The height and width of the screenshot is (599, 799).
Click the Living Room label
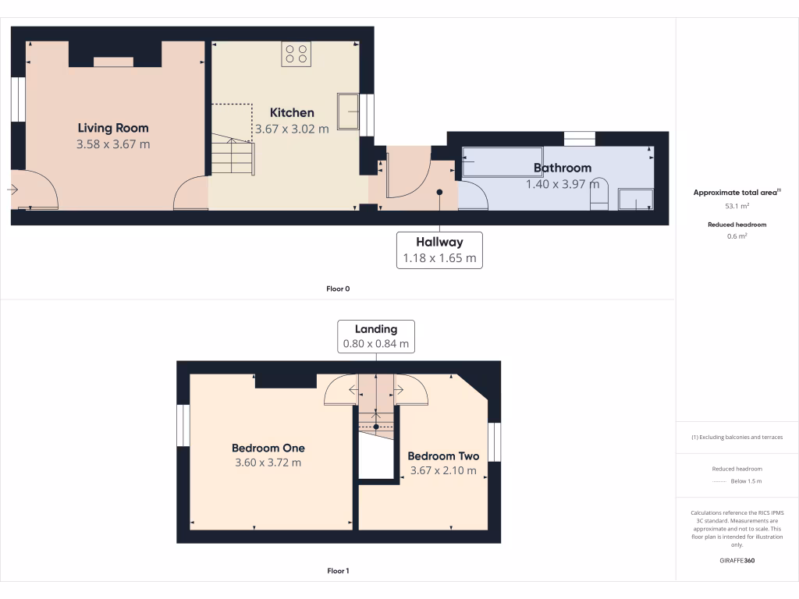113,128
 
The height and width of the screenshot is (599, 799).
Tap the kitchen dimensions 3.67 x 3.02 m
292,129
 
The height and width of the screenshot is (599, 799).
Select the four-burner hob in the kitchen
296,54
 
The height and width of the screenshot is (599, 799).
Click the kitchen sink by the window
347,111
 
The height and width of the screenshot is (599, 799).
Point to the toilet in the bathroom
598,196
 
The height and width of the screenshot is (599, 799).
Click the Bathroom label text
563,168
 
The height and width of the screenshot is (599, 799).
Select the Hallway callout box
439,250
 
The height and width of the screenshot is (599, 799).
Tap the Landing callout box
376,336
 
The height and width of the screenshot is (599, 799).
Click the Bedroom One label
268,448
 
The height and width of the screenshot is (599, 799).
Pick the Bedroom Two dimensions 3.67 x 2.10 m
443,470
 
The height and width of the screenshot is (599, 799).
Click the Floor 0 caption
338,289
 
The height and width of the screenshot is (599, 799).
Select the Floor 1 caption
338,571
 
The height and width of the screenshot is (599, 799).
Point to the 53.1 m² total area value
737,207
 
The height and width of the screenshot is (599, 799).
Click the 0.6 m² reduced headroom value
737,236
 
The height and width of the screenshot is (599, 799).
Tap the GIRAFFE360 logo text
737,560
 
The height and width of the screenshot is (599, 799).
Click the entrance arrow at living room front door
13,190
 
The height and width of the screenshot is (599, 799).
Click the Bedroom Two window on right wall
494,442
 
